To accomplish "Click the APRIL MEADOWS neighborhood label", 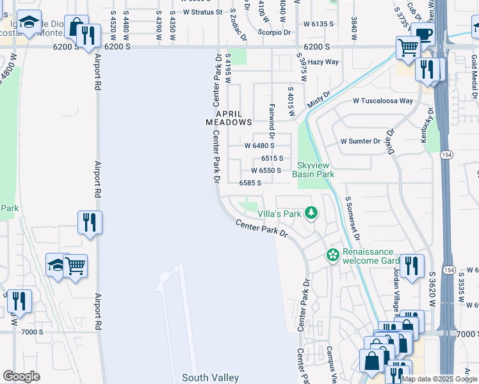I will coord(229,116).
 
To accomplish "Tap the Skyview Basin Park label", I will coord(314,170).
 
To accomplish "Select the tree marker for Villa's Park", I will coord(311,212).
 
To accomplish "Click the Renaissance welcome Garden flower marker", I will coord(333,255).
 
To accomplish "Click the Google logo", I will coord(21,376).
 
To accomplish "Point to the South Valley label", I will coord(210,378).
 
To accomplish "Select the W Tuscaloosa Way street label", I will coord(383,100).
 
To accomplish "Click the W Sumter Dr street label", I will coord(360,141).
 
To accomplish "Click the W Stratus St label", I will coord(202,12).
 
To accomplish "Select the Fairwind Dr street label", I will coord(272,122).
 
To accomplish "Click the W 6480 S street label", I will coord(259,145).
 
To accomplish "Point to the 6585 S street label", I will coord(250,182).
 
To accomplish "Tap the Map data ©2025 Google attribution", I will coord(439,379).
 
